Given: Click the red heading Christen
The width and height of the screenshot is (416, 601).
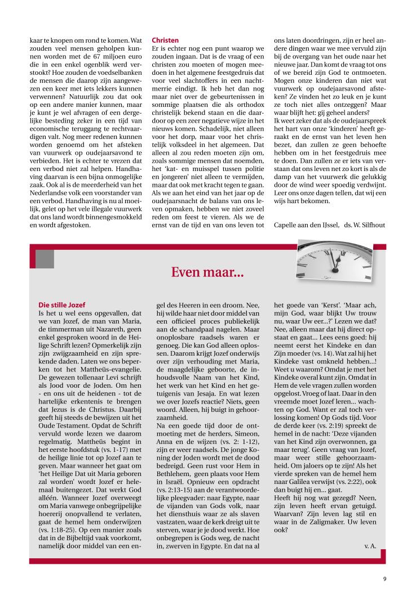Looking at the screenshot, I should coord(165,41).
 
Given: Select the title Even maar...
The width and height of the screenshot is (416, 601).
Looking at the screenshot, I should coord(207,273).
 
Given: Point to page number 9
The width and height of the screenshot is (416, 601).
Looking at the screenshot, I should coord(384,578).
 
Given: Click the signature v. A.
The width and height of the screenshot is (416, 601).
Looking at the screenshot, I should coord(370,545).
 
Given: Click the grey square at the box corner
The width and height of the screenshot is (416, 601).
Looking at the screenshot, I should coord(45,259).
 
